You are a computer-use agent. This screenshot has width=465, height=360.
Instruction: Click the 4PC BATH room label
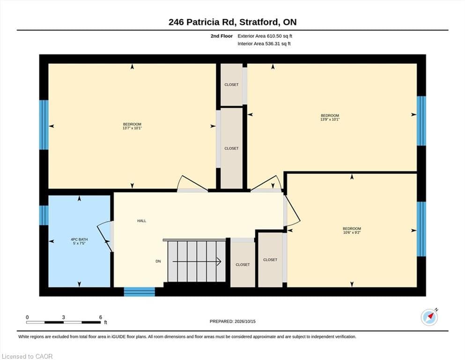[x=79, y=239]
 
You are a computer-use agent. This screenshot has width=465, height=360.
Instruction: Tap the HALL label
[x=141, y=221]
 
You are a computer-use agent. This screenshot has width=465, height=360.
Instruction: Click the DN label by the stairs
[x=158, y=261]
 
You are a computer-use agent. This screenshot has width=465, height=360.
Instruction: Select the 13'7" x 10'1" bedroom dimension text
[x=132, y=128]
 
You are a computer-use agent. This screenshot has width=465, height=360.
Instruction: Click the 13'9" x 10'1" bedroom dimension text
[x=330, y=120]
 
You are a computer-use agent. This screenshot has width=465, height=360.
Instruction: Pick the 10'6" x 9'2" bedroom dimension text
[x=352, y=232]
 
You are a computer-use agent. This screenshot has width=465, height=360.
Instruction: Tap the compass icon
[x=429, y=317]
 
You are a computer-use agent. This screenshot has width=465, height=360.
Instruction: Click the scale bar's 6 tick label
[x=101, y=317]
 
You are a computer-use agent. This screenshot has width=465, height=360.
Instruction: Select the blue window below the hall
[x=139, y=292]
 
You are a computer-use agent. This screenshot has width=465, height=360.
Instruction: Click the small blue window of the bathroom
[x=44, y=215]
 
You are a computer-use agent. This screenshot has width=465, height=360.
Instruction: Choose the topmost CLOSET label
[x=231, y=84]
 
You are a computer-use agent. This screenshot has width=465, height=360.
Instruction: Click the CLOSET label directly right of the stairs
[x=243, y=264]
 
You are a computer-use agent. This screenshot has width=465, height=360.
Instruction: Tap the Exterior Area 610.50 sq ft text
[x=265, y=36]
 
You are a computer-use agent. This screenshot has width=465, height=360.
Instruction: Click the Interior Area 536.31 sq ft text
[x=264, y=44]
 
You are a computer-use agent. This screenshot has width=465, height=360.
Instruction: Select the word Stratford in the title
[x=259, y=22]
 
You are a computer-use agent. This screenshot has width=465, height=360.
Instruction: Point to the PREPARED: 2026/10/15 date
[x=232, y=322]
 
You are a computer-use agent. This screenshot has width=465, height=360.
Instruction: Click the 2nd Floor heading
[x=221, y=36]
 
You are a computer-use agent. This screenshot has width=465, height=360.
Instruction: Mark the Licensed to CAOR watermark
[x=27, y=356]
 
